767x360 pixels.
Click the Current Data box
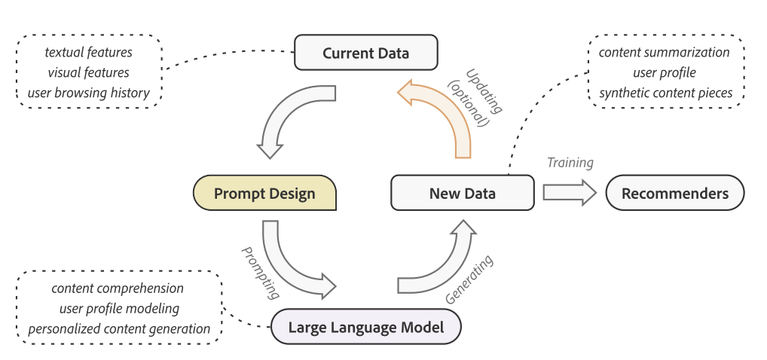[366, 52]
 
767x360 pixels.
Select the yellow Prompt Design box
[264, 194]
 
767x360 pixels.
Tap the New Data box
[463, 194]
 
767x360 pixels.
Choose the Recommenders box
[675, 194]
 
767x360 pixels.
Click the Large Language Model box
[366, 326]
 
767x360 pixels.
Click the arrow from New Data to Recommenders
[570, 193]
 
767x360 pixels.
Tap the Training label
[570, 163]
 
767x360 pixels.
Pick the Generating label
[469, 279]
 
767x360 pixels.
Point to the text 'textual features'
[89, 52]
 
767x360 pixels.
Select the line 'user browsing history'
[89, 93]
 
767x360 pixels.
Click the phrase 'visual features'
[89, 72]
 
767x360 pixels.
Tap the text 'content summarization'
[665, 52]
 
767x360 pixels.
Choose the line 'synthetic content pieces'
[666, 93]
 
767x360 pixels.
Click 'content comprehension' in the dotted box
[118, 288]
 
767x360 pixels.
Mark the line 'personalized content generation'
[119, 328]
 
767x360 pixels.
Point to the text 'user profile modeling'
[119, 308]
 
